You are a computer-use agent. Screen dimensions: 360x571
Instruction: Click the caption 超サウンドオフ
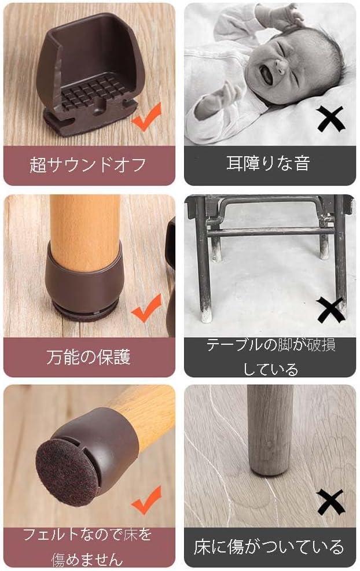click(88, 165)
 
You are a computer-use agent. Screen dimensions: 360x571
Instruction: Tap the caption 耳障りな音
click(268, 163)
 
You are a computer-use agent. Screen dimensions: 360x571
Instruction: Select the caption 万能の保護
click(88, 356)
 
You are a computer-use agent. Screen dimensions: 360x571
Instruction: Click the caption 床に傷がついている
click(269, 547)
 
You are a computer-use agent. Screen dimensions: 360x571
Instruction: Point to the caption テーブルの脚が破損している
click(270, 357)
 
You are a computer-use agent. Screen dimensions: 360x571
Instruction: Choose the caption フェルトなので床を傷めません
click(87, 546)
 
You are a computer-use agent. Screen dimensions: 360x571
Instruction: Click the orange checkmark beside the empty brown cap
click(146, 117)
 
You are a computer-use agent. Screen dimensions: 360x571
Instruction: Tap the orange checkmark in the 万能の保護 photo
click(146, 308)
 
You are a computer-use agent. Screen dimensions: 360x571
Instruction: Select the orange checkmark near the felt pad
click(146, 500)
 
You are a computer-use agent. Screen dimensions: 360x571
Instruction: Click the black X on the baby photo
click(330, 119)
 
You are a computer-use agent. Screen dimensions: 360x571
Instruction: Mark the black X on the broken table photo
click(330, 310)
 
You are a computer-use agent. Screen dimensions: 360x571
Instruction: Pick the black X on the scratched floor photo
click(330, 502)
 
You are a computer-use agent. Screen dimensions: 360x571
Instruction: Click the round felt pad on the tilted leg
click(68, 472)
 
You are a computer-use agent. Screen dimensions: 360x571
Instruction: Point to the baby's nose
click(280, 65)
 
